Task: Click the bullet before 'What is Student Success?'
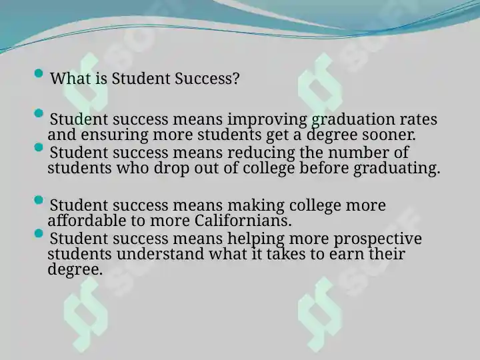pos(39,73)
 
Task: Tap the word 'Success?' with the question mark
pos(207,79)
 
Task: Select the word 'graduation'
pos(353,120)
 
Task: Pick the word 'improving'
pos(267,120)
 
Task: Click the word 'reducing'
pos(261,153)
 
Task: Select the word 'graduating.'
pos(397,169)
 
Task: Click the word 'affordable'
pos(87,221)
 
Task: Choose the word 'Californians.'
pos(243,221)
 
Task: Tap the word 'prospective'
pos(377,239)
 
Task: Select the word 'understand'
pos(160,254)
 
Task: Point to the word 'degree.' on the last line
pos(75,270)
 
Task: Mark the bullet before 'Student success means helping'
pos(39,233)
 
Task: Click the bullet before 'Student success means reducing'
pos(39,147)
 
